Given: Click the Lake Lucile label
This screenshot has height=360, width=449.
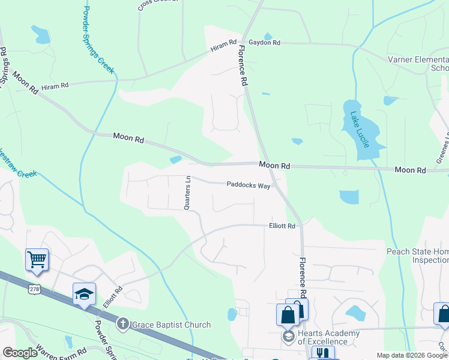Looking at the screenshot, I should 363,127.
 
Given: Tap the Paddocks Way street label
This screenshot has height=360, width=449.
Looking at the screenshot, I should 248,185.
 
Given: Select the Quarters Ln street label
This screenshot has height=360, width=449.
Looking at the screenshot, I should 187,193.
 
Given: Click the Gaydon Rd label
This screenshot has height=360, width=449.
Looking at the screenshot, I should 264,43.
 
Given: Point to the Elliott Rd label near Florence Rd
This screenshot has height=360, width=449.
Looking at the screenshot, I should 282,226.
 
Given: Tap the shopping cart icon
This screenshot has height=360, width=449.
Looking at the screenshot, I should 37,260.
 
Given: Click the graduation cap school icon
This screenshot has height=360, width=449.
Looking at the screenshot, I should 84,293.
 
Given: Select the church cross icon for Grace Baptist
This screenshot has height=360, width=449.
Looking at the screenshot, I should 123,325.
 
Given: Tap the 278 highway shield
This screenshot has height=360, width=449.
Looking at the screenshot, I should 34,289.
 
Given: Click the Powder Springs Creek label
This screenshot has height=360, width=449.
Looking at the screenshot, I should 98,40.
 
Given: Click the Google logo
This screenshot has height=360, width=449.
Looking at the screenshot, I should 20,353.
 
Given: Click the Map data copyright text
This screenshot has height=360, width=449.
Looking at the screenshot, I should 412,355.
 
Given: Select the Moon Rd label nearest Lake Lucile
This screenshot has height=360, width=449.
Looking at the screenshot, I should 410,170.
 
